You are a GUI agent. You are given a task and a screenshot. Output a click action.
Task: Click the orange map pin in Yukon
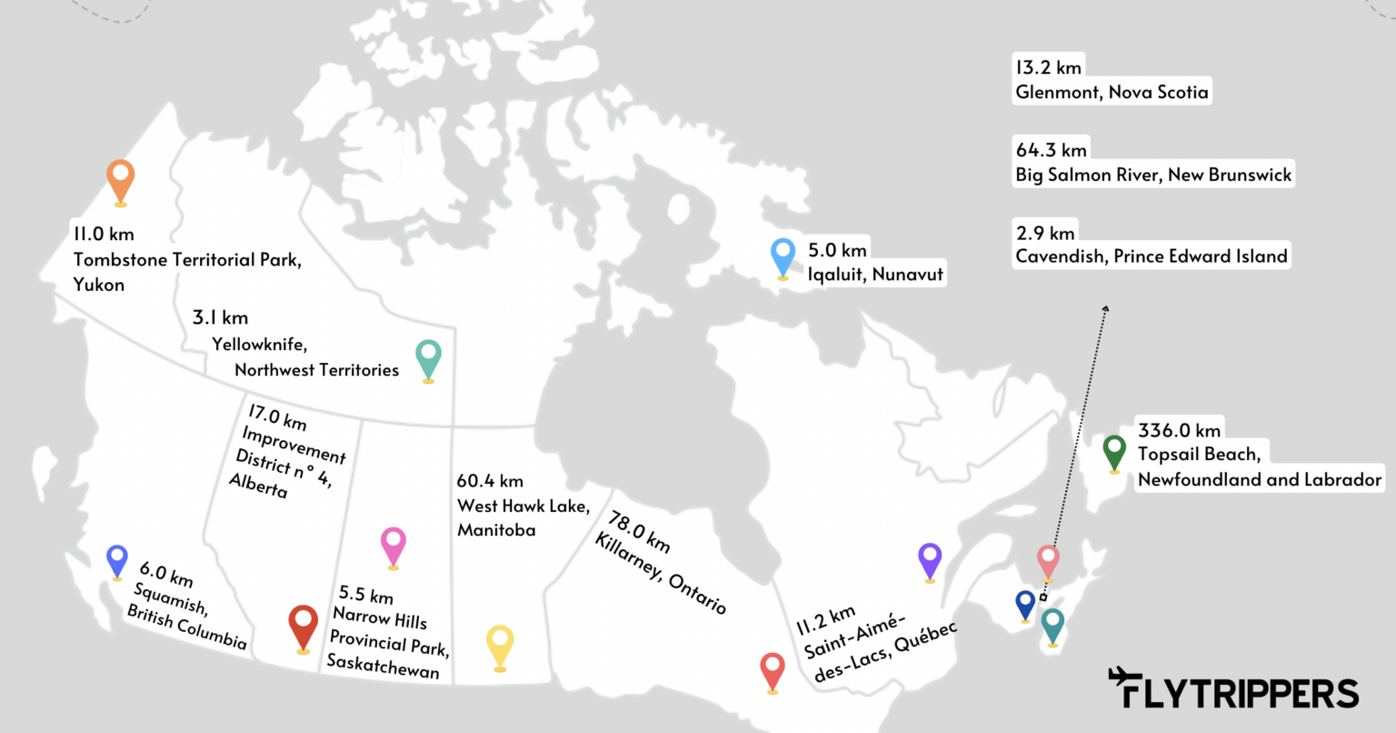[x=120, y=179]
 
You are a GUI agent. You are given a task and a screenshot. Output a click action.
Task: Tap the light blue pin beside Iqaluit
[x=783, y=256]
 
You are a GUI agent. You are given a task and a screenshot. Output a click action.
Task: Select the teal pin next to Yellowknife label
[x=427, y=357]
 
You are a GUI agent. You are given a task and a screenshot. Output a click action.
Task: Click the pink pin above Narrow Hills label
[x=393, y=545]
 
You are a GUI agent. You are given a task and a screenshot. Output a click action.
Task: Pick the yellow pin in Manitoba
[x=500, y=645]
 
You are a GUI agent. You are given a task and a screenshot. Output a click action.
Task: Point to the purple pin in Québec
[x=929, y=558]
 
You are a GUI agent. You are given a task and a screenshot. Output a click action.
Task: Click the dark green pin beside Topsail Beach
[x=1113, y=451]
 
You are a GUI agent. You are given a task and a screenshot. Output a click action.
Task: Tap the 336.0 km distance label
[x=1179, y=430]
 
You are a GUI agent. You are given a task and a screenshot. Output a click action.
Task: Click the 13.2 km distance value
[x=1048, y=67]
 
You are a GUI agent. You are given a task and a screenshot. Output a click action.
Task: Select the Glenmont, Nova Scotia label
[x=1112, y=92]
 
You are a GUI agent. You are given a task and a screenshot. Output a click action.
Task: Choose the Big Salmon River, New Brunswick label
[x=1153, y=175]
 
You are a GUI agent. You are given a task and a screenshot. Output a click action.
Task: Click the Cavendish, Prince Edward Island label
[x=1152, y=256]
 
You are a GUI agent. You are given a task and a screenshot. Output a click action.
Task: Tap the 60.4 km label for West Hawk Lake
[x=490, y=481]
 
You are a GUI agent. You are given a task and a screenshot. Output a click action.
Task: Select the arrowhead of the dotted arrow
[x=1106, y=309]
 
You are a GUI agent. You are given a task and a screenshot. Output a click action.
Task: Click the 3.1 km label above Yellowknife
[x=220, y=317]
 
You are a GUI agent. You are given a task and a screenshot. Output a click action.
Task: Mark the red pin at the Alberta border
[x=303, y=626]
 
